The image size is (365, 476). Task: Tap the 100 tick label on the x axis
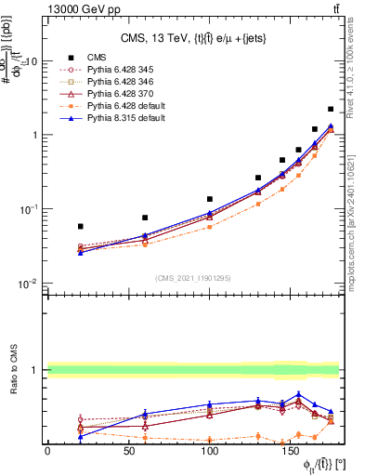click(211, 452)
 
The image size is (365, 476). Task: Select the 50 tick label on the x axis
click(129, 452)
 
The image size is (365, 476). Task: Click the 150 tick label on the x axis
click(293, 452)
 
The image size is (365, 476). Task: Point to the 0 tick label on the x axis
click(47, 452)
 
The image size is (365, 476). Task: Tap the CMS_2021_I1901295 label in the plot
click(193, 277)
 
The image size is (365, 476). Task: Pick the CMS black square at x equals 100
click(210, 199)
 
